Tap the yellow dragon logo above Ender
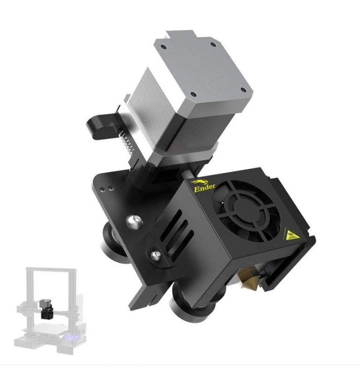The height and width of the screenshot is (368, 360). pyautogui.click(x=197, y=181)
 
